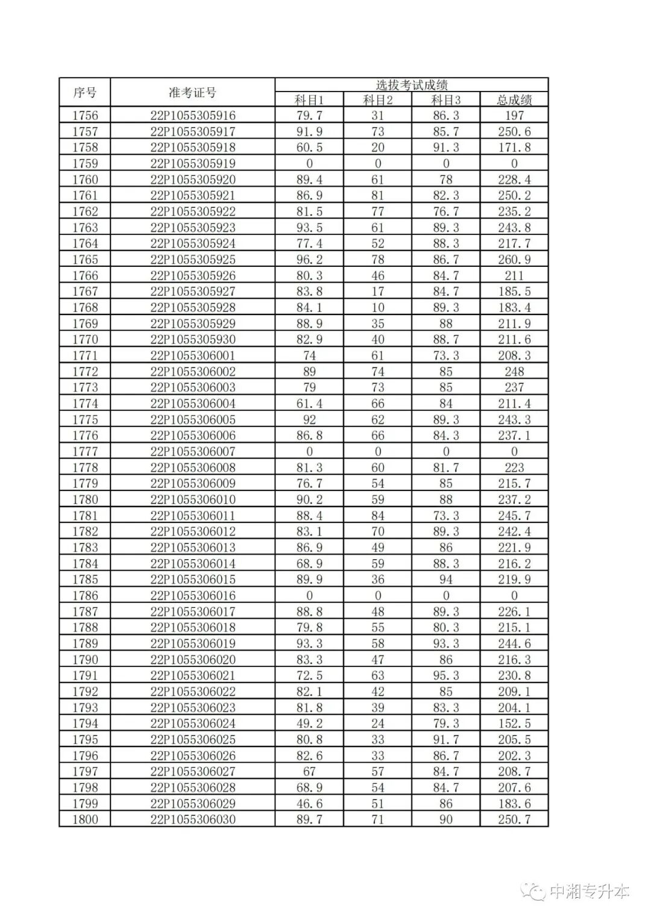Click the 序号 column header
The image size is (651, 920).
pyautogui.click(x=85, y=93)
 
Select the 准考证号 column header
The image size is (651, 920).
pyautogui.click(x=192, y=93)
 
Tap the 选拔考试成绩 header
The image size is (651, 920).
pyautogui.click(x=411, y=85)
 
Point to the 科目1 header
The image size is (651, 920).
pyautogui.click(x=309, y=100)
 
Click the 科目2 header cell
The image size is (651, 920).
pyautogui.click(x=378, y=100)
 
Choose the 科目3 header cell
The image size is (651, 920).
pyautogui.click(x=446, y=100)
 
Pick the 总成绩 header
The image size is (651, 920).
pyautogui.click(x=514, y=100)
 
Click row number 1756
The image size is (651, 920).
pyautogui.click(x=85, y=116)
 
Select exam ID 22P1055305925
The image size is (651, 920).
pyautogui.click(x=193, y=260)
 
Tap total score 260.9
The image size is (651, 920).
pyautogui.click(x=514, y=260)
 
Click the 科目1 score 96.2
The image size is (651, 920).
pyautogui.click(x=309, y=260)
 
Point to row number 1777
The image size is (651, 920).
pyautogui.click(x=85, y=451)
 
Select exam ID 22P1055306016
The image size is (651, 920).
pyautogui.click(x=193, y=595)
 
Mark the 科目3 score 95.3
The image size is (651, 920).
pyautogui.click(x=446, y=675)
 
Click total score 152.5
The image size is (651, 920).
pyautogui.click(x=514, y=724)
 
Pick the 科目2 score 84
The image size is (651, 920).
pyautogui.click(x=378, y=516)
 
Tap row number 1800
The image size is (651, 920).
pyautogui.click(x=85, y=819)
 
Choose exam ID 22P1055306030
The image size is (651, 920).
pyautogui.click(x=193, y=819)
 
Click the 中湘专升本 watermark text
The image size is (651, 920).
pyautogui.click(x=590, y=892)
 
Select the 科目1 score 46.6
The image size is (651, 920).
pyautogui.click(x=309, y=803)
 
